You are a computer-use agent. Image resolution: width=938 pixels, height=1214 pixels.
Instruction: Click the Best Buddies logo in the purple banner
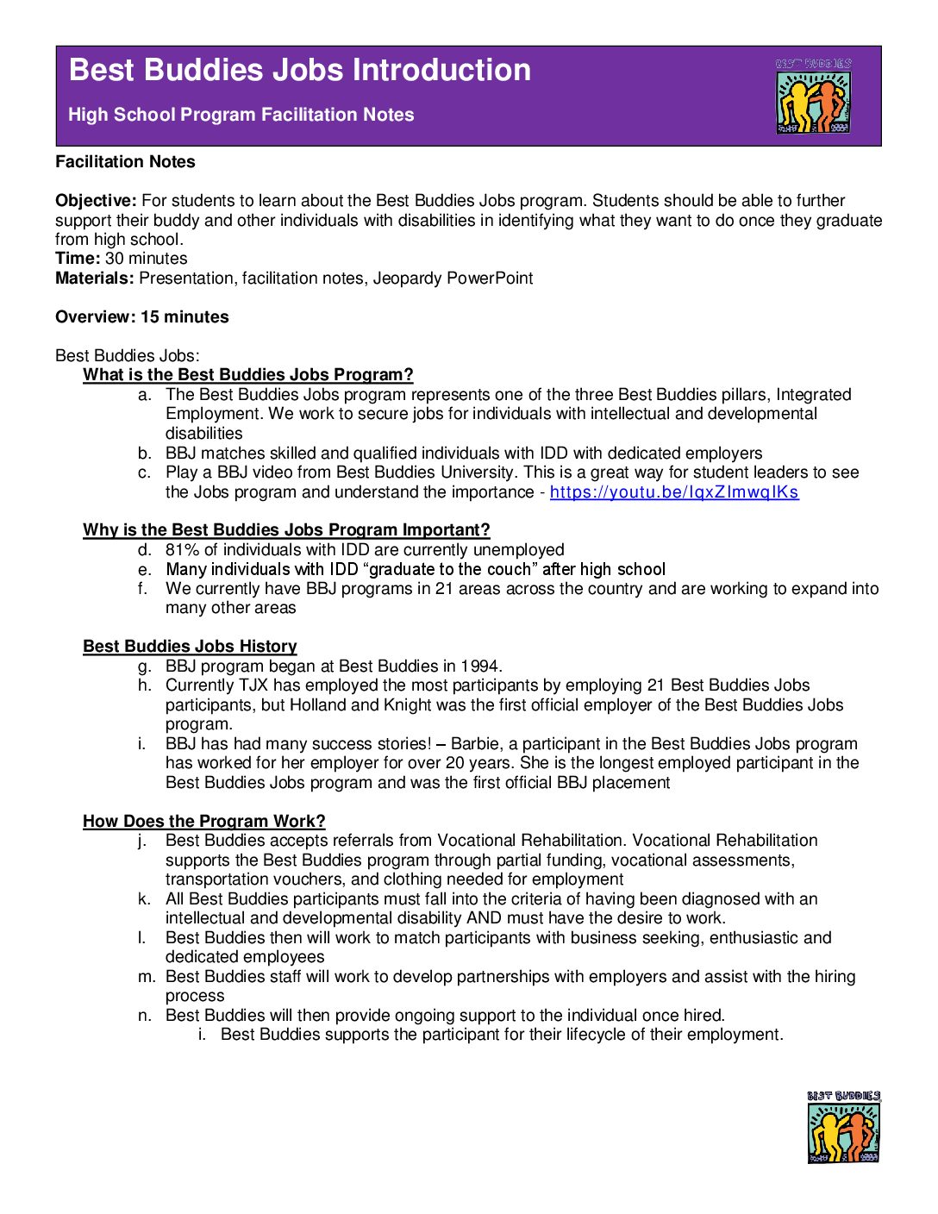[x=813, y=97]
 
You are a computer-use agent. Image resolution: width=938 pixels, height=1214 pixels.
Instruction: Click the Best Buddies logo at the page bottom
[x=844, y=1128]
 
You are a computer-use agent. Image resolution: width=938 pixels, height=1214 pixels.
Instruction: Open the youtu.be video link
[x=674, y=492]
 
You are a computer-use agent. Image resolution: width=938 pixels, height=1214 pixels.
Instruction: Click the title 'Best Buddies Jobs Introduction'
[x=300, y=70]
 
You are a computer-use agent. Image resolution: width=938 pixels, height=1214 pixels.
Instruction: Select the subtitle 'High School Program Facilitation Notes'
[x=241, y=115]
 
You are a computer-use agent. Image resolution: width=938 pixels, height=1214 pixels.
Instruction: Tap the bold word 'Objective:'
[x=96, y=201]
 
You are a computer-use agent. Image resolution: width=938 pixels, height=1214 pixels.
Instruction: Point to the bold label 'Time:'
[x=78, y=259]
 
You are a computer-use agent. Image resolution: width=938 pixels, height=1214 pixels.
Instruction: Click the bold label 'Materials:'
[x=95, y=278]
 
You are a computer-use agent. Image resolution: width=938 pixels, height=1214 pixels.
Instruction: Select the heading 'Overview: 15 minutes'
[x=142, y=317]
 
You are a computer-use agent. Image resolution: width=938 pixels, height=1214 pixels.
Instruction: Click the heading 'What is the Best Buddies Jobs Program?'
[x=248, y=375]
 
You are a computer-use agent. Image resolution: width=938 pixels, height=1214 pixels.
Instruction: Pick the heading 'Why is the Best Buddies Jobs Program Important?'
[x=286, y=530]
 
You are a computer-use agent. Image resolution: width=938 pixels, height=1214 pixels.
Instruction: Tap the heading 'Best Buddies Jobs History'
[x=190, y=647]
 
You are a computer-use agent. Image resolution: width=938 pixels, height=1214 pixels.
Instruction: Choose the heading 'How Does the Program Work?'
[x=204, y=822]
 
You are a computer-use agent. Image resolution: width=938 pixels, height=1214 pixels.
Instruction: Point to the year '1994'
[x=480, y=666]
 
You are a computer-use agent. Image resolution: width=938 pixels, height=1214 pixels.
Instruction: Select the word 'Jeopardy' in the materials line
[x=407, y=278]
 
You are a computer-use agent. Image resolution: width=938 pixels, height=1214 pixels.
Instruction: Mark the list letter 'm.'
[x=147, y=977]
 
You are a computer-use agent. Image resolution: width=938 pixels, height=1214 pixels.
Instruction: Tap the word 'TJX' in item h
[x=256, y=685]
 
